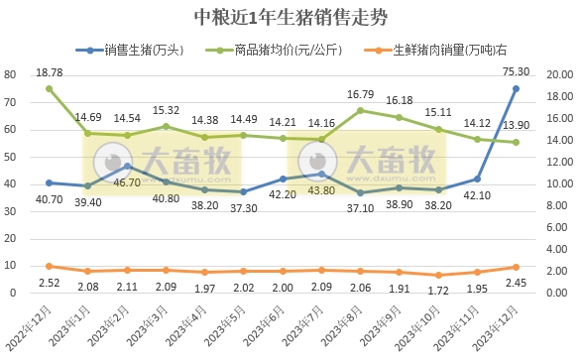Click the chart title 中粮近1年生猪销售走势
pos(291,18)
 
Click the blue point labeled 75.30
pos(516,88)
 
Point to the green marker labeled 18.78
pos(49,89)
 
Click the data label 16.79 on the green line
pos(360,95)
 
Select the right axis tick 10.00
pos(555,184)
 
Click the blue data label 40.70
pos(49,198)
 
